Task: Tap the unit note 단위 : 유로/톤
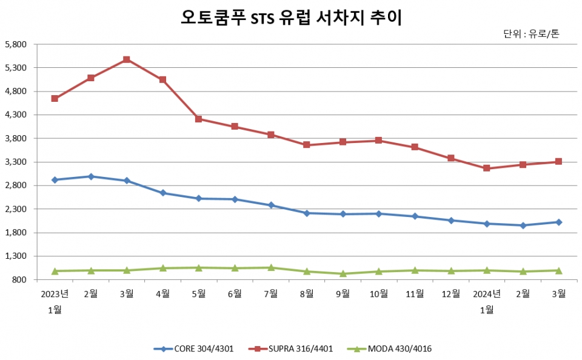point(531,34)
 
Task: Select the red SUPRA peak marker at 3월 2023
point(127,59)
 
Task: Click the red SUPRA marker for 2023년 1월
point(55,98)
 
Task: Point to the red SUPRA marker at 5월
point(198,119)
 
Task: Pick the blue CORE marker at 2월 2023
point(91,176)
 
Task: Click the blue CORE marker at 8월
point(307,213)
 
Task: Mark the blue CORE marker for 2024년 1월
point(487,224)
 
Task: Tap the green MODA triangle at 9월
point(343,273)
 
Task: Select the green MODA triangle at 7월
point(271,267)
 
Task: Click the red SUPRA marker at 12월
point(450,158)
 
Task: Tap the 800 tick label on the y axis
point(20,279)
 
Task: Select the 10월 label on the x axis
point(379,294)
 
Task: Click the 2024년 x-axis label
point(487,294)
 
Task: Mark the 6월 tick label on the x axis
point(235,294)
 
